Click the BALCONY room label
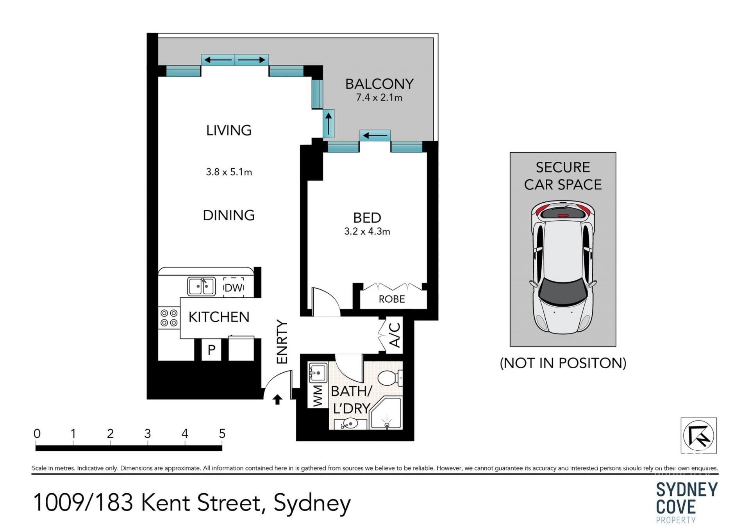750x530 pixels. pos(379,84)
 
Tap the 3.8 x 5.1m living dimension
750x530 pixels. pos(229,172)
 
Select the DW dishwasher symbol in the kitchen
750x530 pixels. pos(234,287)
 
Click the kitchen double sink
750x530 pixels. pos(201,287)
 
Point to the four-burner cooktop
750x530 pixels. pos(169,318)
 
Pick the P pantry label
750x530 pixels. pos(211,350)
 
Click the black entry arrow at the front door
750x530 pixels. pos(277,400)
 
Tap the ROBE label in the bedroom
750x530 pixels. pos(392,299)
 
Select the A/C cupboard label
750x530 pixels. pos(395,335)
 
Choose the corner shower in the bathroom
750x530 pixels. pos(386,414)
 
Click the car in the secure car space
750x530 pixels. pos(563,268)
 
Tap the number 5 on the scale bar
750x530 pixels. pos(222,434)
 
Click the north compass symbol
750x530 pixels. pos(698,435)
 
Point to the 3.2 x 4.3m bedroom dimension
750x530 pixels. pos(367,232)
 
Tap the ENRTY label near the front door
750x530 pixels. pos(282,342)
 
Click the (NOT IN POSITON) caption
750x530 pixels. pos(563,363)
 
